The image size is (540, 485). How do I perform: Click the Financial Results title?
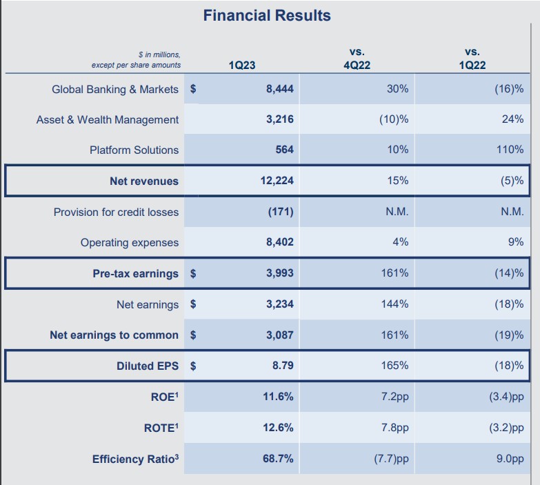coord(267,15)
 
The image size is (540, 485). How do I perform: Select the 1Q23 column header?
coord(241,66)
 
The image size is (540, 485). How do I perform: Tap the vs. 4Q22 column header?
coord(357,59)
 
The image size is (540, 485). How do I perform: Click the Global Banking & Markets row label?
coord(114,89)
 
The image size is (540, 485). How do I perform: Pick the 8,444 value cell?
coord(279,89)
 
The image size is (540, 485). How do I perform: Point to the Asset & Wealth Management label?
coord(107,119)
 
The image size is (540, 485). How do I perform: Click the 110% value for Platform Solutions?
coord(510,150)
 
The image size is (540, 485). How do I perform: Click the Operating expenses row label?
coord(129,242)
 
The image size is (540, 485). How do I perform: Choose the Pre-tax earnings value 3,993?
coord(279,273)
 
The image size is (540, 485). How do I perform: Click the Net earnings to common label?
coord(114,335)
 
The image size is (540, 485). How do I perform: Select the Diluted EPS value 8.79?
coord(282,366)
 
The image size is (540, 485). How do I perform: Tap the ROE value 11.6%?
coord(278,397)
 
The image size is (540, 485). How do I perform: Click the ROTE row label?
coord(161,428)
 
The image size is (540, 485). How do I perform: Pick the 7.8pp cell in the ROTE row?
coord(394,428)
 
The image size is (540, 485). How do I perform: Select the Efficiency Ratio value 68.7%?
coord(278,459)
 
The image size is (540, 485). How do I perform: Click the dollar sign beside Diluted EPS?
coord(193,366)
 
